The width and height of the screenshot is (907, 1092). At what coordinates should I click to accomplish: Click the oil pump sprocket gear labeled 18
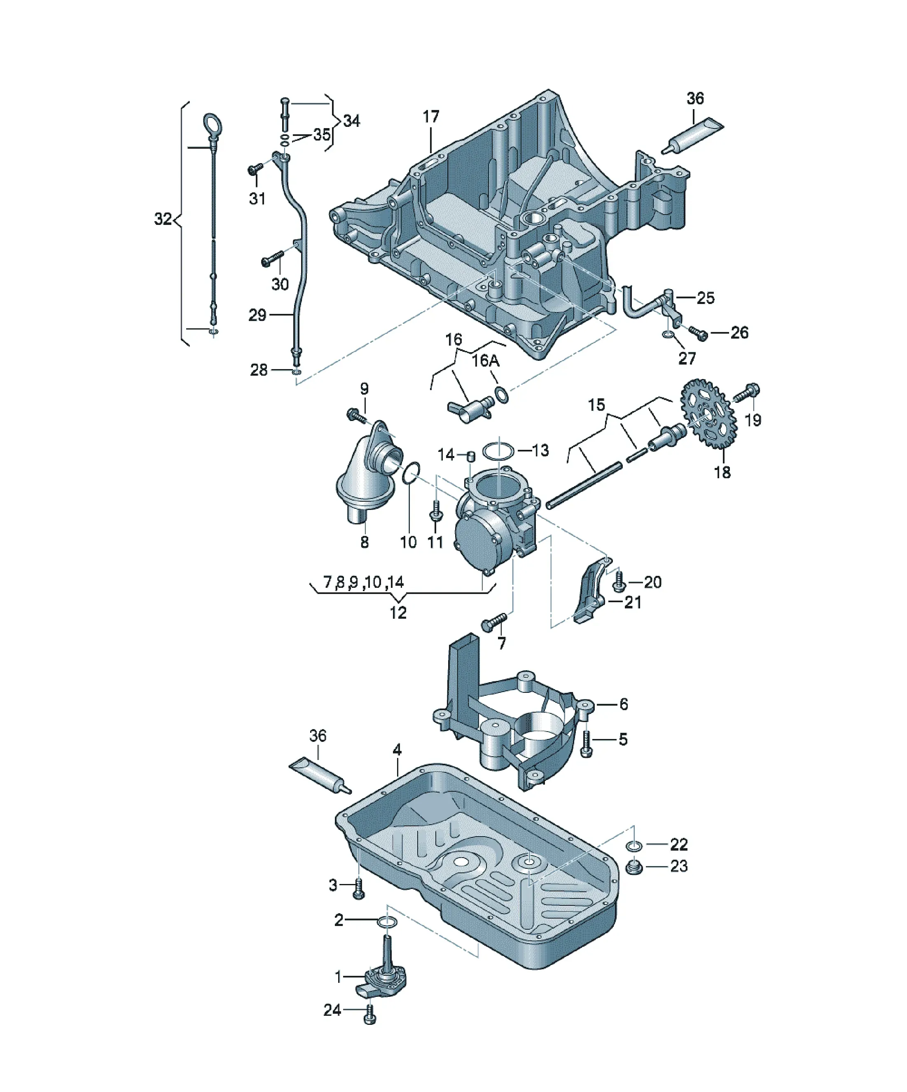point(708,414)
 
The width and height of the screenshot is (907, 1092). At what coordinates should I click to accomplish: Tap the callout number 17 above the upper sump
point(430,117)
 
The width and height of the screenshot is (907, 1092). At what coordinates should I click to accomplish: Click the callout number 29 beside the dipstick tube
point(257,315)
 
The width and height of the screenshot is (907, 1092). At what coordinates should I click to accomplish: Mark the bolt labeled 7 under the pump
point(493,622)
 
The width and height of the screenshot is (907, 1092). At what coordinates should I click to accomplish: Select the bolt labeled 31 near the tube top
point(256,168)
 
